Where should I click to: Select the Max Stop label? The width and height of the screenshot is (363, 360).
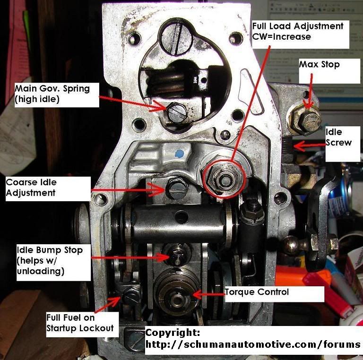click(319, 64)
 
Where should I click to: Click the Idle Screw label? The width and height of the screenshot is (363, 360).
click(338, 137)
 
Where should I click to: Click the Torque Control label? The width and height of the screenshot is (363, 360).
click(256, 292)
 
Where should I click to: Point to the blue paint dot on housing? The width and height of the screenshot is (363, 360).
click(178, 154)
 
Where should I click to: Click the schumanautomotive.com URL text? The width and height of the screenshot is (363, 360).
click(252, 344)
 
